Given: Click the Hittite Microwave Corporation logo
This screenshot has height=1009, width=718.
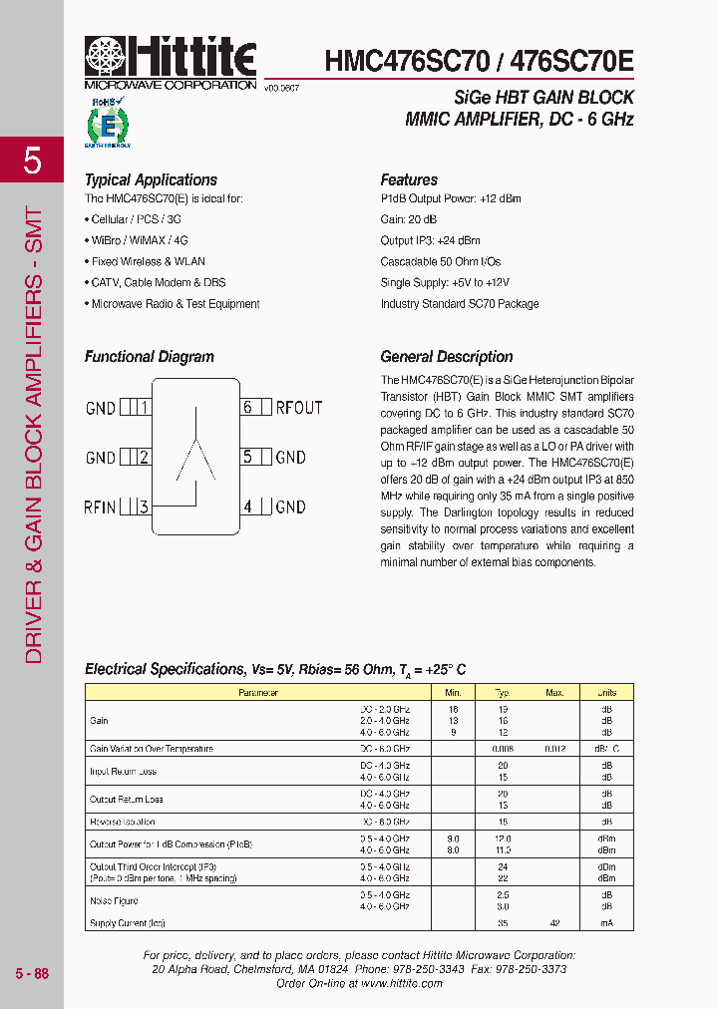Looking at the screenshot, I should pyautogui.click(x=170, y=62).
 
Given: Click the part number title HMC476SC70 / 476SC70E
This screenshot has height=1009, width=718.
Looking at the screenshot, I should pyautogui.click(x=479, y=61).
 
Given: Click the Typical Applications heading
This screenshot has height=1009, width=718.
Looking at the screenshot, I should pyautogui.click(x=151, y=180).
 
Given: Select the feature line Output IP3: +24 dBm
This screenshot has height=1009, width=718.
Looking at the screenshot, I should pyautogui.click(x=430, y=240).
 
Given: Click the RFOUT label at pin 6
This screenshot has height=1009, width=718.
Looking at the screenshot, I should pyautogui.click(x=299, y=407).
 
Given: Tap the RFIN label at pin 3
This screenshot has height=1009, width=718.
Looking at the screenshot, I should pyautogui.click(x=100, y=506).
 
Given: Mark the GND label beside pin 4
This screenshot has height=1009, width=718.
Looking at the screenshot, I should pyautogui.click(x=290, y=506).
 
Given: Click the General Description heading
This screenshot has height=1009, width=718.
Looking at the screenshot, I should pyautogui.click(x=447, y=357).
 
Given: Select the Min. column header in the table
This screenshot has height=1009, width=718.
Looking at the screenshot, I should pyautogui.click(x=453, y=692).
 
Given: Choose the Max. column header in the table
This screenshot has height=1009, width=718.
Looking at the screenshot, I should pyautogui.click(x=554, y=692).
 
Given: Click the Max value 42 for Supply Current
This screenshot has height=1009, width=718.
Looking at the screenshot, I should pyautogui.click(x=554, y=923).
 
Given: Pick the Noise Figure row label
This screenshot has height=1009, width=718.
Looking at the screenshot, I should pyautogui.click(x=115, y=900).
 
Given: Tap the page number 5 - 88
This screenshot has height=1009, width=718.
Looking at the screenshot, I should pyautogui.click(x=32, y=973).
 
